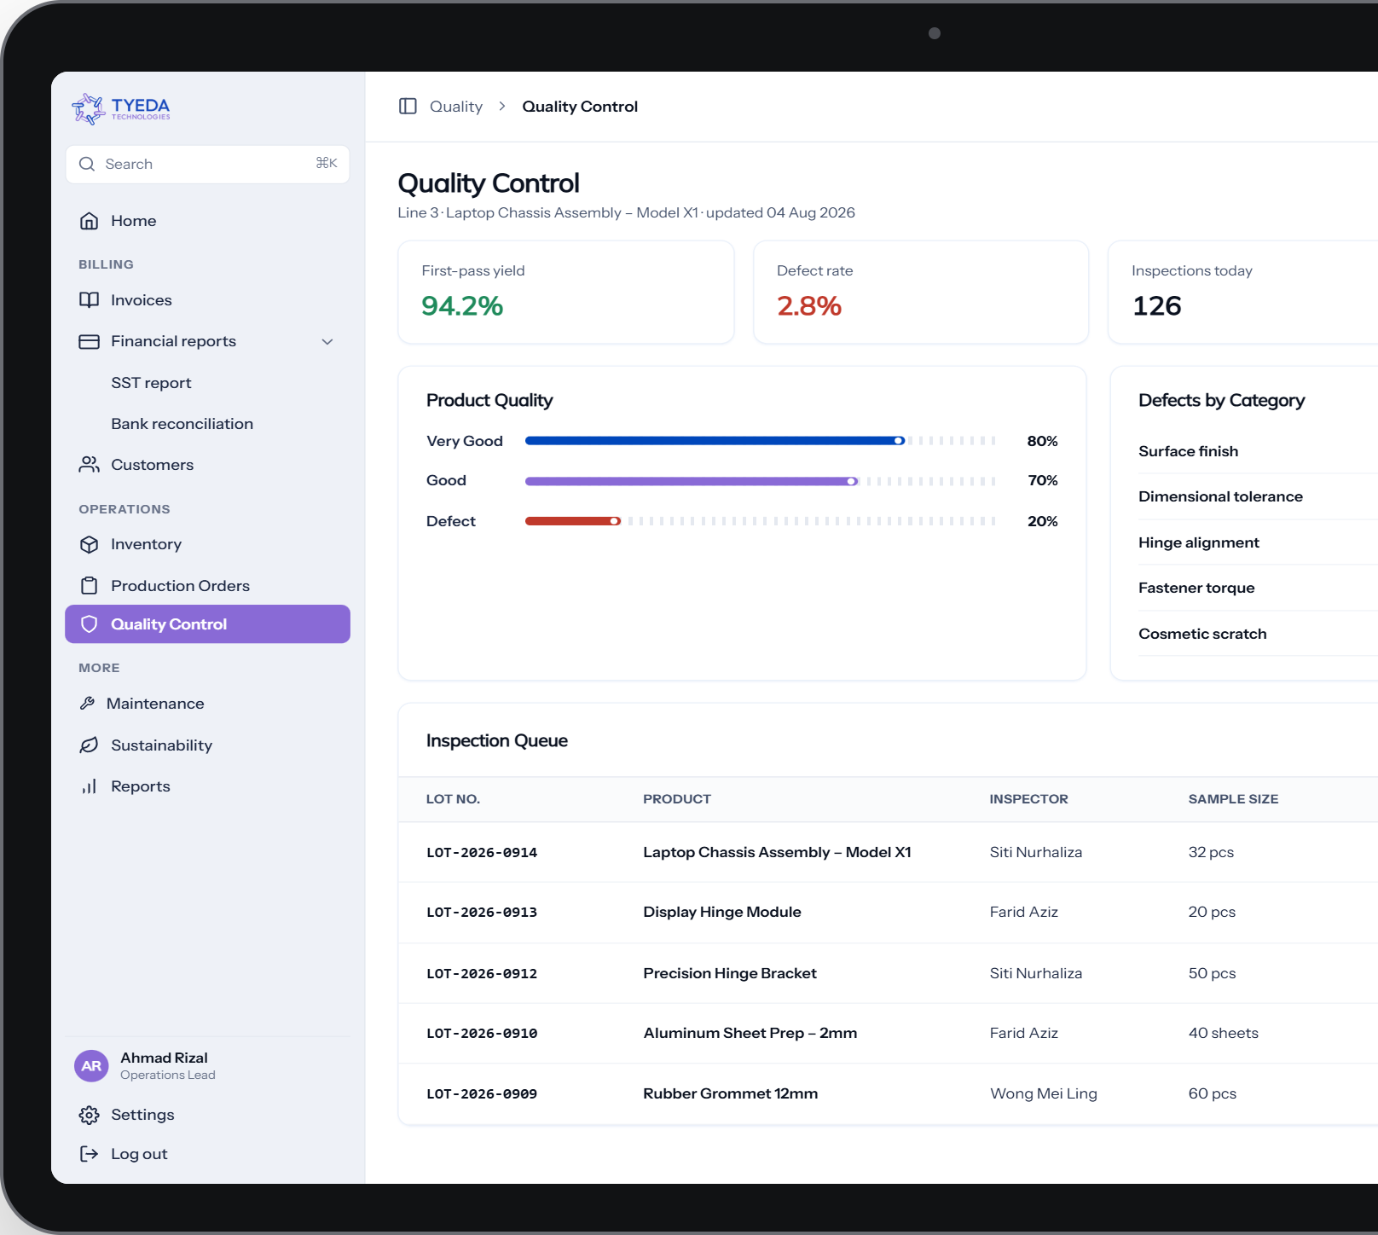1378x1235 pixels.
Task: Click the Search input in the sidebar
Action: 207,164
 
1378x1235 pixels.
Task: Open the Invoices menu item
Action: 141,300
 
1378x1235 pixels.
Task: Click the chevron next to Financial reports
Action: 327,341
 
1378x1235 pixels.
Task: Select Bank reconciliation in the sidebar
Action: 182,424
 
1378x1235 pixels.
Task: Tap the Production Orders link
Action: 180,586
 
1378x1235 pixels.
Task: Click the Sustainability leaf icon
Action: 89,745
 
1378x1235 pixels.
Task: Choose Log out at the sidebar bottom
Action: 139,1154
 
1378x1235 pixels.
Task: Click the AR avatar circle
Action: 91,1066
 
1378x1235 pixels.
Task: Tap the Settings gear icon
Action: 89,1115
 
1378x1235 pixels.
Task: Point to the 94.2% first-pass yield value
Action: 462,305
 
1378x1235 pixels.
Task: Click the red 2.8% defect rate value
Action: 809,305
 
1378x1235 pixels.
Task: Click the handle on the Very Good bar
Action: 899,441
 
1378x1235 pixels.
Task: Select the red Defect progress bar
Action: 572,521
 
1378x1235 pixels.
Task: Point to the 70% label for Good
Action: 1043,480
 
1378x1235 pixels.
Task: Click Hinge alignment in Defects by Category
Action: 1199,542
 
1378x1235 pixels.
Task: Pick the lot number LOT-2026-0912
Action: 482,973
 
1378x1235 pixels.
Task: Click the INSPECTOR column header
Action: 1028,799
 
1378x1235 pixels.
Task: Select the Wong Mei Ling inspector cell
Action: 1044,1093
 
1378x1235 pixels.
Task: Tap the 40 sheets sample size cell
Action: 1224,1033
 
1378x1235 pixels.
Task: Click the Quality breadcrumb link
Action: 456,107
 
